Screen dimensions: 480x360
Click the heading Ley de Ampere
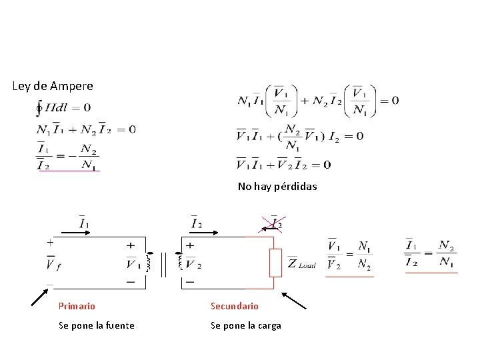coord(53,86)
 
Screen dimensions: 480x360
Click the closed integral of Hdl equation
coord(64,107)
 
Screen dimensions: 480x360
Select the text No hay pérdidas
coord(277,187)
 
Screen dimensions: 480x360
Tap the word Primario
coord(77,306)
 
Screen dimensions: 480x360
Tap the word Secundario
coord(235,306)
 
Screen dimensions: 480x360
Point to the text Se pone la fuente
coord(97,325)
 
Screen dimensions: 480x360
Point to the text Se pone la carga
coord(246,325)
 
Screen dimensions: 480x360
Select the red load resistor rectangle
coord(275,263)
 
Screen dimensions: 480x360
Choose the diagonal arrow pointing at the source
coord(41,297)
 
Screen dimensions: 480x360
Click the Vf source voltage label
coord(53,266)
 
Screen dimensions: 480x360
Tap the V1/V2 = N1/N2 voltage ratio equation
coord(349,255)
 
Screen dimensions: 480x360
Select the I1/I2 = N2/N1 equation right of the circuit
coord(431,253)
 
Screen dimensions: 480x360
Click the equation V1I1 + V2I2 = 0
coord(283,164)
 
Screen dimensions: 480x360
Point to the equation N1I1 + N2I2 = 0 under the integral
coord(86,129)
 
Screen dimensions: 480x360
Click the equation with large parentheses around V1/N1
coord(318,101)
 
